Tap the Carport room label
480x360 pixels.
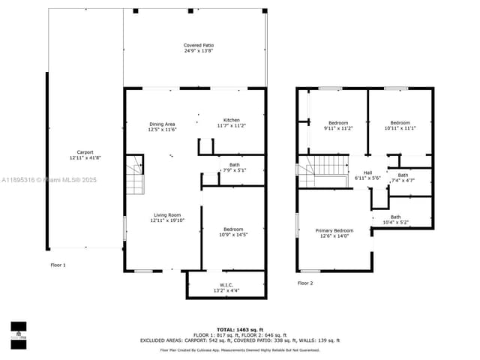85,152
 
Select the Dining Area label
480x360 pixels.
162,124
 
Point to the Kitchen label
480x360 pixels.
231,121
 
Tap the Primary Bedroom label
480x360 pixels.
334,231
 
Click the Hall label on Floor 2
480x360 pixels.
367,172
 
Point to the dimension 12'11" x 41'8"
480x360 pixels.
85,157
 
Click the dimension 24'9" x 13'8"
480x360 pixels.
198,51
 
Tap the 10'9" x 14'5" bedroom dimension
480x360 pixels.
232,235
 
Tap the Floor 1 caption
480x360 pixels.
58,265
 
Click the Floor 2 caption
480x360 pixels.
305,283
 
